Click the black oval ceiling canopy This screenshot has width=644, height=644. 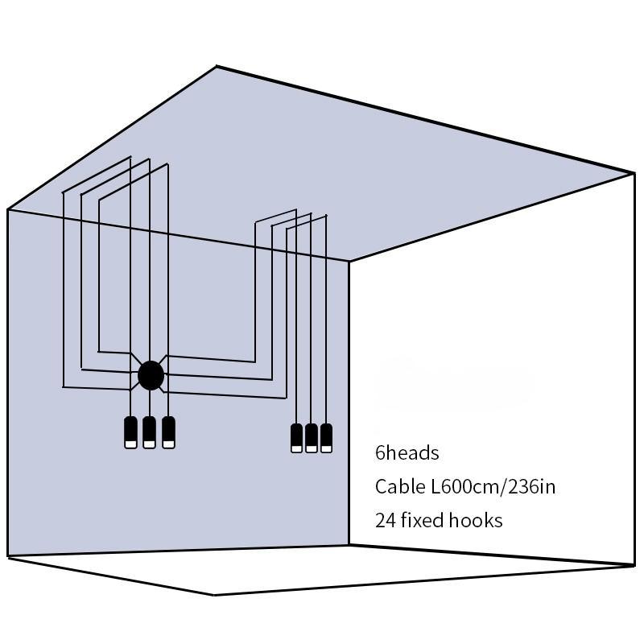(x=151, y=375)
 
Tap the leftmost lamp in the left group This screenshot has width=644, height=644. (x=130, y=432)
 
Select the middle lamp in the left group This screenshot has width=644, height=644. (x=149, y=432)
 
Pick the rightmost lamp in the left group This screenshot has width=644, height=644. (x=167, y=432)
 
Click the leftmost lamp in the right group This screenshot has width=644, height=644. (x=296, y=438)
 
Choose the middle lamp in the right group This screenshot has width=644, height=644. (x=312, y=438)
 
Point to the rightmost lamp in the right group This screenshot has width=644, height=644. (x=326, y=438)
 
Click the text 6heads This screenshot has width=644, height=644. (x=407, y=453)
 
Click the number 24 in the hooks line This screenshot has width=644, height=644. (x=385, y=521)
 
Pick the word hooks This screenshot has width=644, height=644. (x=476, y=521)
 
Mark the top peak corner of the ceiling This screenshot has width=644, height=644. (x=217, y=67)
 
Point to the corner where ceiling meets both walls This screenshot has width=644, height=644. (x=349, y=261)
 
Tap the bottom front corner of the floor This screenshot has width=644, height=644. (x=214, y=595)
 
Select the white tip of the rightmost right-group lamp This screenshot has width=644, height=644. (x=326, y=448)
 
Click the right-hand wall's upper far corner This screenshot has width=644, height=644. (x=634, y=173)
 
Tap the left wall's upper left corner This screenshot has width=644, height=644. (x=8, y=210)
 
